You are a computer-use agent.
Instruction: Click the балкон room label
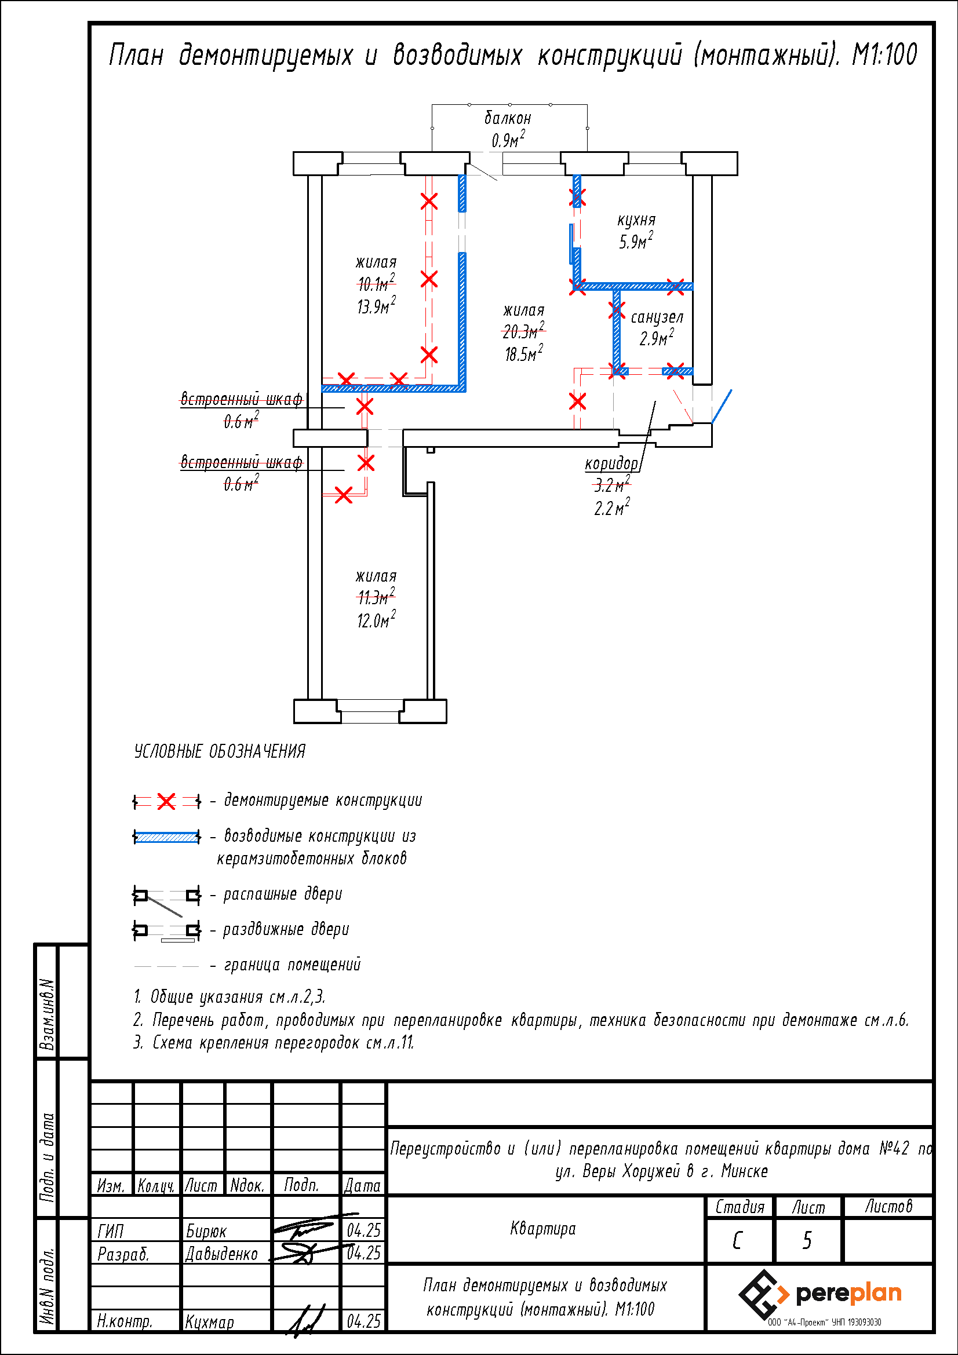coord(508,119)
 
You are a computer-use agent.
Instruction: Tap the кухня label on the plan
coord(636,221)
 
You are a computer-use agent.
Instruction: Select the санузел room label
coord(657,317)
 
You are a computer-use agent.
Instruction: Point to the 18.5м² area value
coord(523,353)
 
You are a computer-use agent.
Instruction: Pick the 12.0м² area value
coord(376,620)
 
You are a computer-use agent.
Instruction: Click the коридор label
coord(611,464)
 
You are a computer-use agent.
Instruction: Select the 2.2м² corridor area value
coord(611,507)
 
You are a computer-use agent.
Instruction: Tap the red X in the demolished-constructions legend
coord(166,801)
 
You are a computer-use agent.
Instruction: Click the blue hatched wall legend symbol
coord(166,837)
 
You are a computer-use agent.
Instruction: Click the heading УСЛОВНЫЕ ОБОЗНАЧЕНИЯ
coord(220,751)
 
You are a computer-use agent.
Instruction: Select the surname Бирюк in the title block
coord(206,1231)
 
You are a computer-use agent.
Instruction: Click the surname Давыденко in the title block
coord(221,1254)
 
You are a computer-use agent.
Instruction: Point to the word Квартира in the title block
coord(542,1229)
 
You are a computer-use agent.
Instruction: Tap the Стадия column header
coord(740,1207)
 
